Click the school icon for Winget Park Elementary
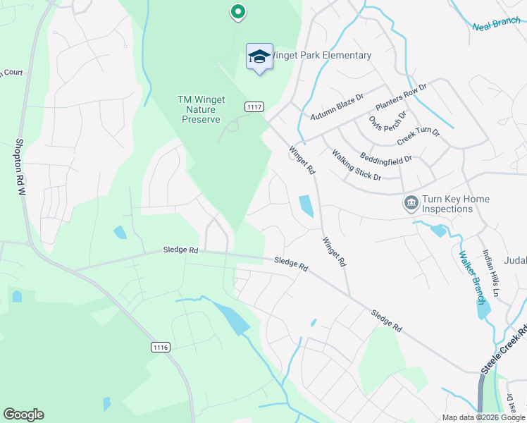tap(259, 57)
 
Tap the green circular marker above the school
tap(238, 12)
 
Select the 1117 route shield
tap(254, 106)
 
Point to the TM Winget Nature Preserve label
tap(201, 109)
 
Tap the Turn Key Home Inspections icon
tap(411, 204)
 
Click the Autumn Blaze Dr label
tap(336, 106)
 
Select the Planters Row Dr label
tap(401, 97)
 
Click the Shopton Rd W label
tap(20, 166)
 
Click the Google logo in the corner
tap(23, 415)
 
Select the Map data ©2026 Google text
tap(483, 417)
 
